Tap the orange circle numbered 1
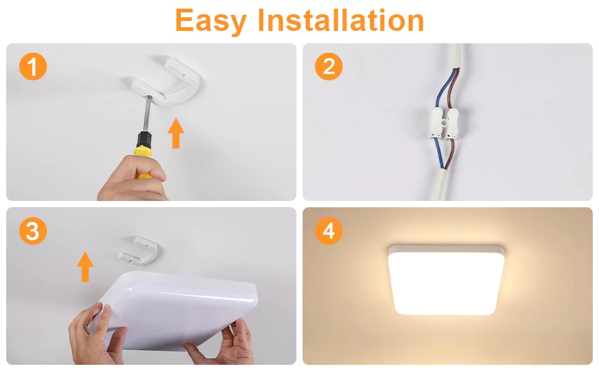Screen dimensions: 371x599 click(x=33, y=66)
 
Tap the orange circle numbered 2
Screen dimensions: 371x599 click(x=329, y=66)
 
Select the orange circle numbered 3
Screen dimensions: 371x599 click(x=33, y=231)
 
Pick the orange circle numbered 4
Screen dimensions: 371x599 click(x=329, y=231)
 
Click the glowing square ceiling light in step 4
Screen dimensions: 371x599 click(x=446, y=279)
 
